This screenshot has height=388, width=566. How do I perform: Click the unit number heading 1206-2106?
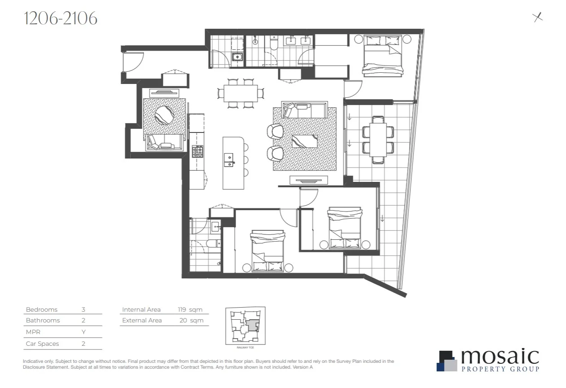click(x=60, y=18)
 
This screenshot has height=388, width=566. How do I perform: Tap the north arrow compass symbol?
click(x=537, y=17)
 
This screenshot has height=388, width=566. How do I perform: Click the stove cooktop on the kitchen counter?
click(x=197, y=151)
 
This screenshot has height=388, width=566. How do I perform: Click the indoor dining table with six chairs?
click(x=241, y=93)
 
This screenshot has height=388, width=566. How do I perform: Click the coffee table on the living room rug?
click(x=305, y=141)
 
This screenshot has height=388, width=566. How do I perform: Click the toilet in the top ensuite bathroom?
click(x=274, y=44)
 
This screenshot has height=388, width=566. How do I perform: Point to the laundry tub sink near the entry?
click(x=237, y=57)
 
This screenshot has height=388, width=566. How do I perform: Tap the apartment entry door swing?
click(x=133, y=62)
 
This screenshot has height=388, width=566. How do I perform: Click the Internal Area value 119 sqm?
click(x=190, y=309)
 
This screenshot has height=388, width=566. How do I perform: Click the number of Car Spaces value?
click(x=83, y=344)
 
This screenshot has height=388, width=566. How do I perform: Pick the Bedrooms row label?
click(x=42, y=309)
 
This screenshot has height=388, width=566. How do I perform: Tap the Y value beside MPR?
click(x=83, y=332)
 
